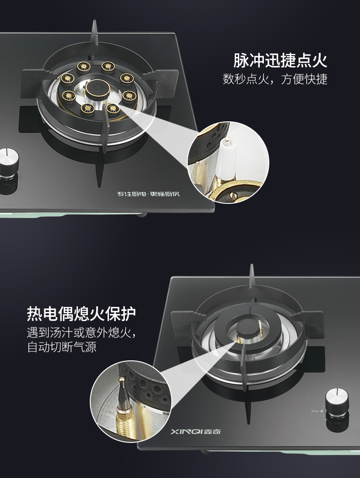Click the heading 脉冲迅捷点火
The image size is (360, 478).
click(280, 60)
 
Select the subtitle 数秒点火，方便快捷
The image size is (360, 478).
click(275, 79)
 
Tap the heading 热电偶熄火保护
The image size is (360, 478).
click(81, 313)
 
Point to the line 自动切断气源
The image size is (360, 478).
click(62, 347)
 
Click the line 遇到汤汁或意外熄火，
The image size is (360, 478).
click(81, 332)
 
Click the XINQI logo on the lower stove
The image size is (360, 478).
click(195, 431)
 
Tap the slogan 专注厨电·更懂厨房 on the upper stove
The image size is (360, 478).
click(148, 194)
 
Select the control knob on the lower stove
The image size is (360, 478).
click(337, 402)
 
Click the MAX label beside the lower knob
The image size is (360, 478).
click(315, 411)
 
